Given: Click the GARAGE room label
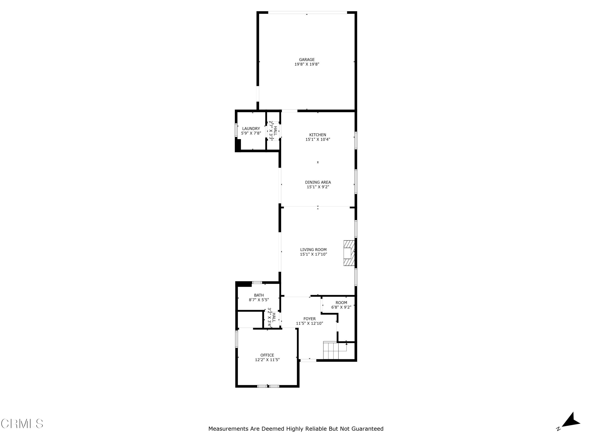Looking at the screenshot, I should click(307, 60).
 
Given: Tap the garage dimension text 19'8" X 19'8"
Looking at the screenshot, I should click(307, 64).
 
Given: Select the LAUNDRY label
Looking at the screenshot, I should click(251, 129).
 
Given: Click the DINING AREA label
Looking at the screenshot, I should click(318, 182).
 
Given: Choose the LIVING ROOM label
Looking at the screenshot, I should click(313, 250).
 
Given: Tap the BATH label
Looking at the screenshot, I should click(259, 295).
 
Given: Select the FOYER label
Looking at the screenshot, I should click(309, 319).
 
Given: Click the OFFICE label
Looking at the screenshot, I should click(267, 355).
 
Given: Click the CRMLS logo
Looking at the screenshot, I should click(22, 424).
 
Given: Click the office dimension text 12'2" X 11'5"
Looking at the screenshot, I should click(267, 360).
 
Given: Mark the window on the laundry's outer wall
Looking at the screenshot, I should click(236, 130).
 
